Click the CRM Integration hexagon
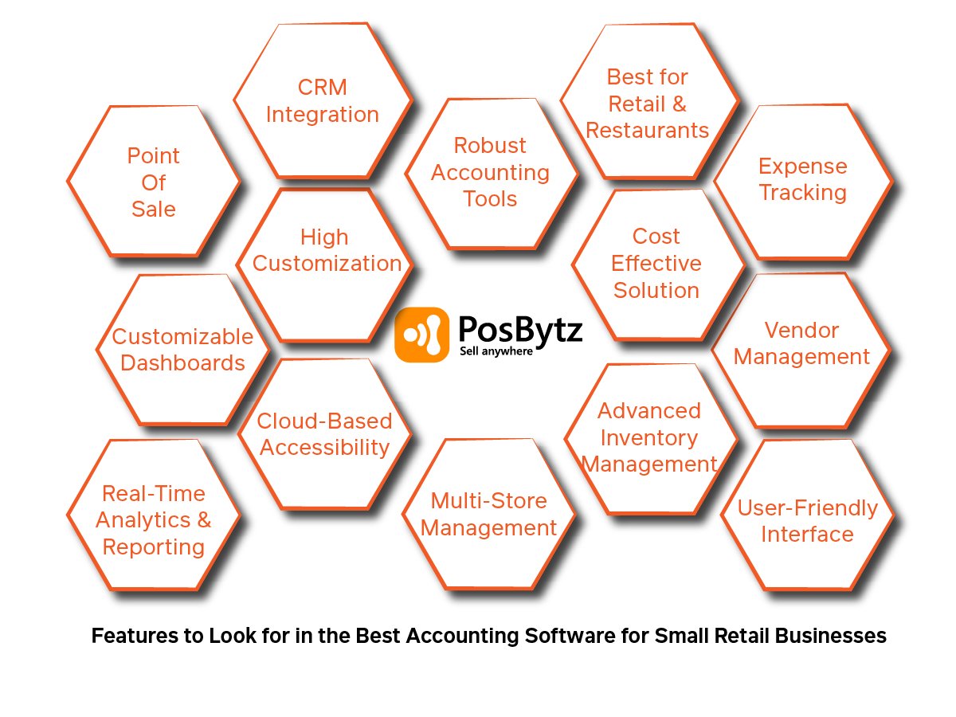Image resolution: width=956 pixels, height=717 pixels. pyautogui.click(x=323, y=100)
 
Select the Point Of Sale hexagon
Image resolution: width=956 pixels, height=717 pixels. pyautogui.click(x=153, y=182)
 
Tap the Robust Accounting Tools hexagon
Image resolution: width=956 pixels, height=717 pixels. pyautogui.click(x=490, y=172)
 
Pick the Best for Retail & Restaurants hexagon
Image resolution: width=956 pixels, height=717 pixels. pyautogui.click(x=648, y=104)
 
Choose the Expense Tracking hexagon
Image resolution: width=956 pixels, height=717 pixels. pyautogui.click(x=802, y=179)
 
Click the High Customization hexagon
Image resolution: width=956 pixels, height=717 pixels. pyautogui.click(x=326, y=250)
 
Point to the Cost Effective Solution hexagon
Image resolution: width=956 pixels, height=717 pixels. pyautogui.click(x=656, y=263)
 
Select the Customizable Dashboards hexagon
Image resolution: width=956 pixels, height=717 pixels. pyautogui.click(x=182, y=349)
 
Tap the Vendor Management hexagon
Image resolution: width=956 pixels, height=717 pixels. pyautogui.click(x=801, y=343)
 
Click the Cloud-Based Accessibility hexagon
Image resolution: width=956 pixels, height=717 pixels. pyautogui.click(x=324, y=434)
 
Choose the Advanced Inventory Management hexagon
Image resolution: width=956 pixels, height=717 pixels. pyautogui.click(x=649, y=437)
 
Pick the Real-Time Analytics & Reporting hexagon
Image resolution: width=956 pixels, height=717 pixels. pyautogui.click(x=153, y=520)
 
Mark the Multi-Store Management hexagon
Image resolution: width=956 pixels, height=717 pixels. pyautogui.click(x=489, y=515)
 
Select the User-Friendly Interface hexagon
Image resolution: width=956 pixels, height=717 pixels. pyautogui.click(x=807, y=521)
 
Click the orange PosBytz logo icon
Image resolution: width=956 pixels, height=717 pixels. pyautogui.click(x=421, y=335)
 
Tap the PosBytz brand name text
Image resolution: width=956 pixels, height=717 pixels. pyautogui.click(x=520, y=328)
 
